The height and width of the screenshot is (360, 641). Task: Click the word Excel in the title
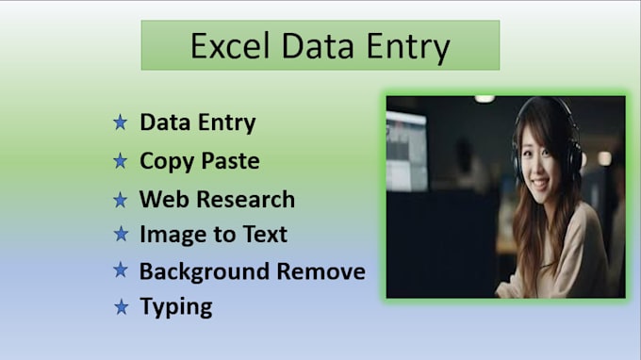(227, 46)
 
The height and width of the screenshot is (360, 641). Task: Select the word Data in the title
(318, 46)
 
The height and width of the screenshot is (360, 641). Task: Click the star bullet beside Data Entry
(120, 123)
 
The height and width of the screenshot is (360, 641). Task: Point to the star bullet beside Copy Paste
(120, 161)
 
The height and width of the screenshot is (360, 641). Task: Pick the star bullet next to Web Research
(120, 200)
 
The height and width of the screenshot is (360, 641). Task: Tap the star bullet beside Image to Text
(120, 234)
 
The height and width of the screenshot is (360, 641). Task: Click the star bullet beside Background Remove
(120, 271)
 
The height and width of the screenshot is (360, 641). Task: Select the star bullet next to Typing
(120, 306)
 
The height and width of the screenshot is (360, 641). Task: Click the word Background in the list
(204, 271)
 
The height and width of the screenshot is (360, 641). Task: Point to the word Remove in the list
(320, 271)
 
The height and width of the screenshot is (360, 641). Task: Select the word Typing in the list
(175, 306)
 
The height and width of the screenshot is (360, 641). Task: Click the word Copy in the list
(164, 161)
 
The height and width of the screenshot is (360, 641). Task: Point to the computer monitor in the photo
(406, 151)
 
